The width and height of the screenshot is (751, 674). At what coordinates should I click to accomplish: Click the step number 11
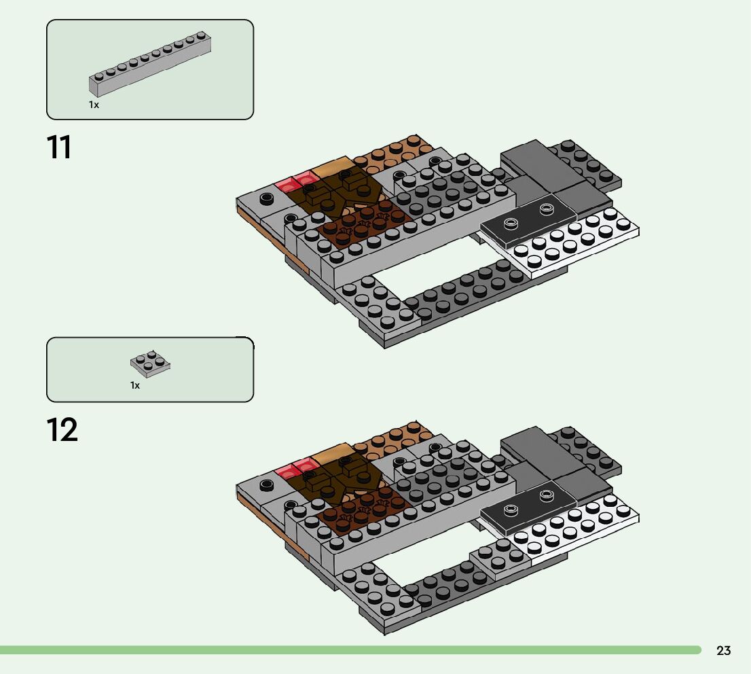pyautogui.click(x=59, y=147)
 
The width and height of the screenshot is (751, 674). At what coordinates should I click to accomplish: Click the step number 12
pyautogui.click(x=62, y=431)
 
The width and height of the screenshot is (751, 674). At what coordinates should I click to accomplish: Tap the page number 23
pyautogui.click(x=723, y=651)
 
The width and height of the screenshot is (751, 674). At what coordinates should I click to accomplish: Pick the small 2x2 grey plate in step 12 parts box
pyautogui.click(x=150, y=363)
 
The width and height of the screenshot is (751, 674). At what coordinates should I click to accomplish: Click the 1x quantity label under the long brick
pyautogui.click(x=94, y=105)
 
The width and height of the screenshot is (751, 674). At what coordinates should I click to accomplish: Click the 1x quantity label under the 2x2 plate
pyautogui.click(x=135, y=385)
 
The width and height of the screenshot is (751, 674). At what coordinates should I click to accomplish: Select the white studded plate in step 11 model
pyautogui.click(x=577, y=245)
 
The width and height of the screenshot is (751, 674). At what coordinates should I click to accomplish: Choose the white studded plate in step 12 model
pyautogui.click(x=577, y=530)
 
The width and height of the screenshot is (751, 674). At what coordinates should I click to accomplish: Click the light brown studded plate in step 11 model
pyautogui.click(x=394, y=153)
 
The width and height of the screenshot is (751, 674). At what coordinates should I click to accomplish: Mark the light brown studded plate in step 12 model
pyautogui.click(x=394, y=438)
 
